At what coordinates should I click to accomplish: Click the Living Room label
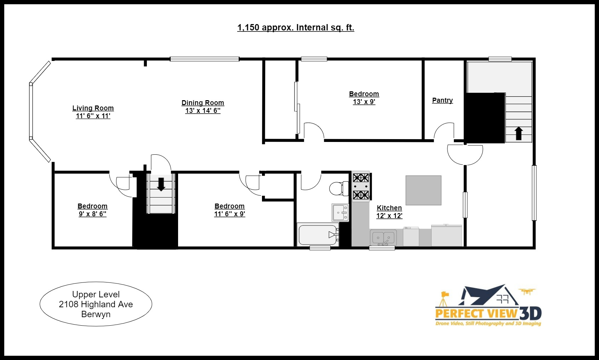(x=93, y=108)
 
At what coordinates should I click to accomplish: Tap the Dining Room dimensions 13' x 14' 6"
(x=203, y=111)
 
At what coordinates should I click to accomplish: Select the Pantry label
(x=442, y=100)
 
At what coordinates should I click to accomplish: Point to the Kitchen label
(x=389, y=208)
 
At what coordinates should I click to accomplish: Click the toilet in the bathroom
(x=338, y=188)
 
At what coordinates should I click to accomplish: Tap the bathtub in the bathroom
(x=318, y=235)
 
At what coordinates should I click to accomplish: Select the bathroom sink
(x=340, y=212)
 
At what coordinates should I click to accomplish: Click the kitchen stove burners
(x=361, y=186)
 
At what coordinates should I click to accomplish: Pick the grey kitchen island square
(x=423, y=190)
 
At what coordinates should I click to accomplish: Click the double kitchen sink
(x=383, y=238)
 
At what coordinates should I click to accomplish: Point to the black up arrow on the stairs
(x=519, y=133)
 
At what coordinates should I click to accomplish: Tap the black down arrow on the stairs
(x=161, y=184)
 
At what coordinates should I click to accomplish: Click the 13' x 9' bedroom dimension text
(x=364, y=102)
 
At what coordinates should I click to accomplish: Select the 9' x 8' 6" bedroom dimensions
(x=92, y=214)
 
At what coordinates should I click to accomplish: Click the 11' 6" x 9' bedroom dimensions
(x=229, y=214)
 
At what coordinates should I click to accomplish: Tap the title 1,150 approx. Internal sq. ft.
(x=296, y=28)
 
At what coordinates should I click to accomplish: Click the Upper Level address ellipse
(x=96, y=304)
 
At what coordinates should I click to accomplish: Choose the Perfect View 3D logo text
(x=488, y=313)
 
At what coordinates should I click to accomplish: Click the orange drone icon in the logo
(x=527, y=291)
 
